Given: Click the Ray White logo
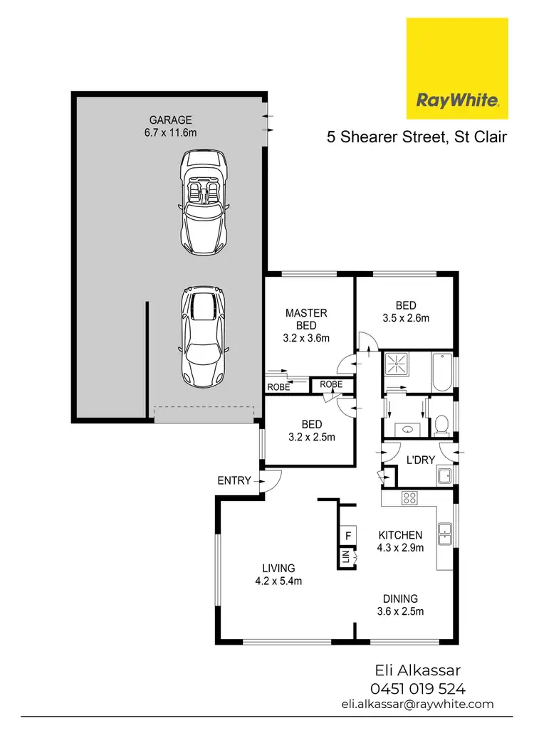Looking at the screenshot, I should [456, 68].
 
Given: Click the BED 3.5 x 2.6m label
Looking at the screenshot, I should [405, 318].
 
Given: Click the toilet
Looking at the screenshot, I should [440, 425].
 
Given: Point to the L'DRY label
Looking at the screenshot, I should [420, 460].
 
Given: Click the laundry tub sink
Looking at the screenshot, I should [444, 476].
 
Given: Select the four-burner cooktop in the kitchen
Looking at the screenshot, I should [409, 498].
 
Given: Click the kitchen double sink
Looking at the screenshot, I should [444, 533].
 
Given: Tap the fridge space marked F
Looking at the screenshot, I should [348, 534].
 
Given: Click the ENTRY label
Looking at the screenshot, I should [234, 480].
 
